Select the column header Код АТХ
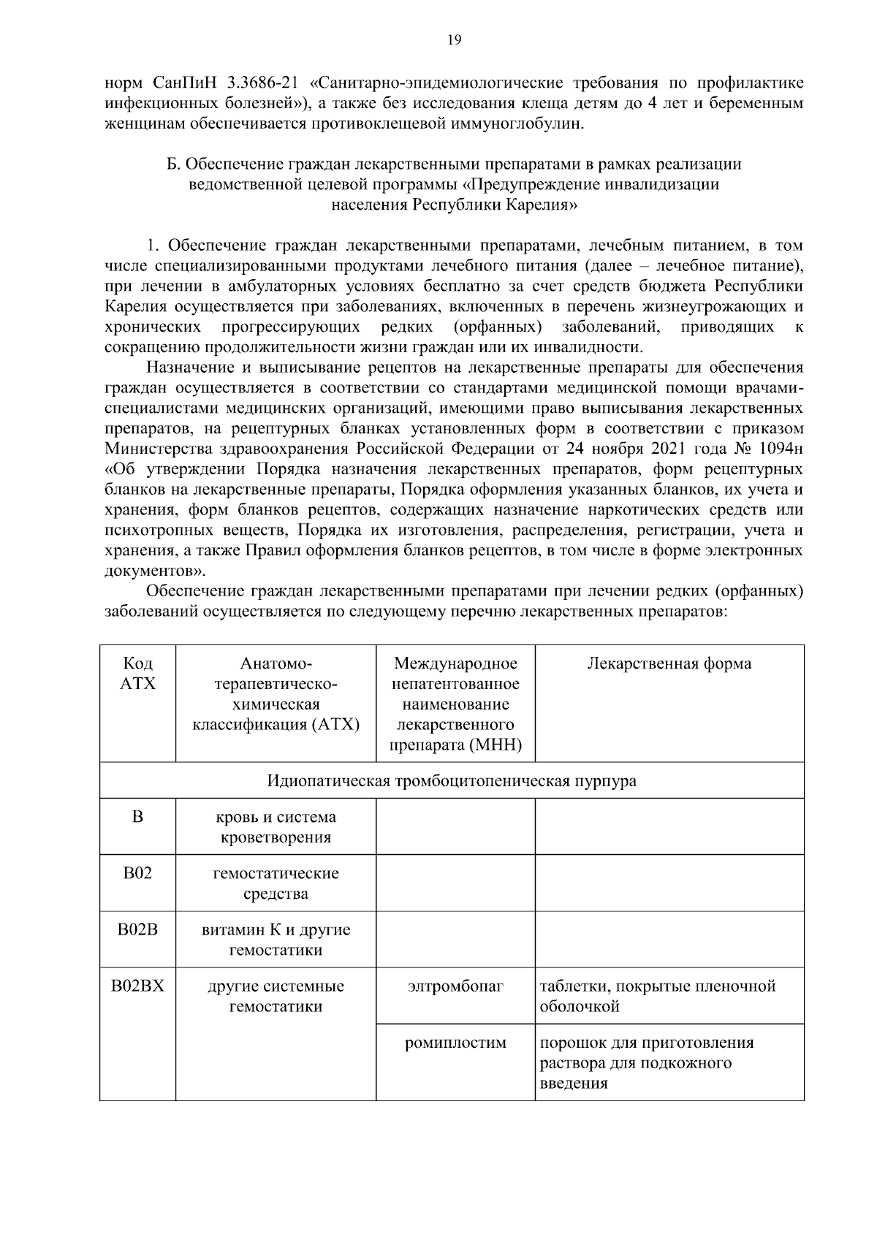[x=137, y=673]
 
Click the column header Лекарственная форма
[x=669, y=663]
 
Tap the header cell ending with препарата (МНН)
[x=455, y=745]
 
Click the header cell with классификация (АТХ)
[x=276, y=725]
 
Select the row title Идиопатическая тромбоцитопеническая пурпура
[x=452, y=780]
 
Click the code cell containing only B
[x=137, y=817]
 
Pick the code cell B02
[x=137, y=873]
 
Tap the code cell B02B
[x=137, y=930]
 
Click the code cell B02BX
[x=137, y=986]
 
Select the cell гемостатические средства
[x=276, y=883]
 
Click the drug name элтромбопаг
[x=455, y=986]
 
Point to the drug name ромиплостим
[x=455, y=1043]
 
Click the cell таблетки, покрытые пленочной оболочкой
[x=658, y=996]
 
